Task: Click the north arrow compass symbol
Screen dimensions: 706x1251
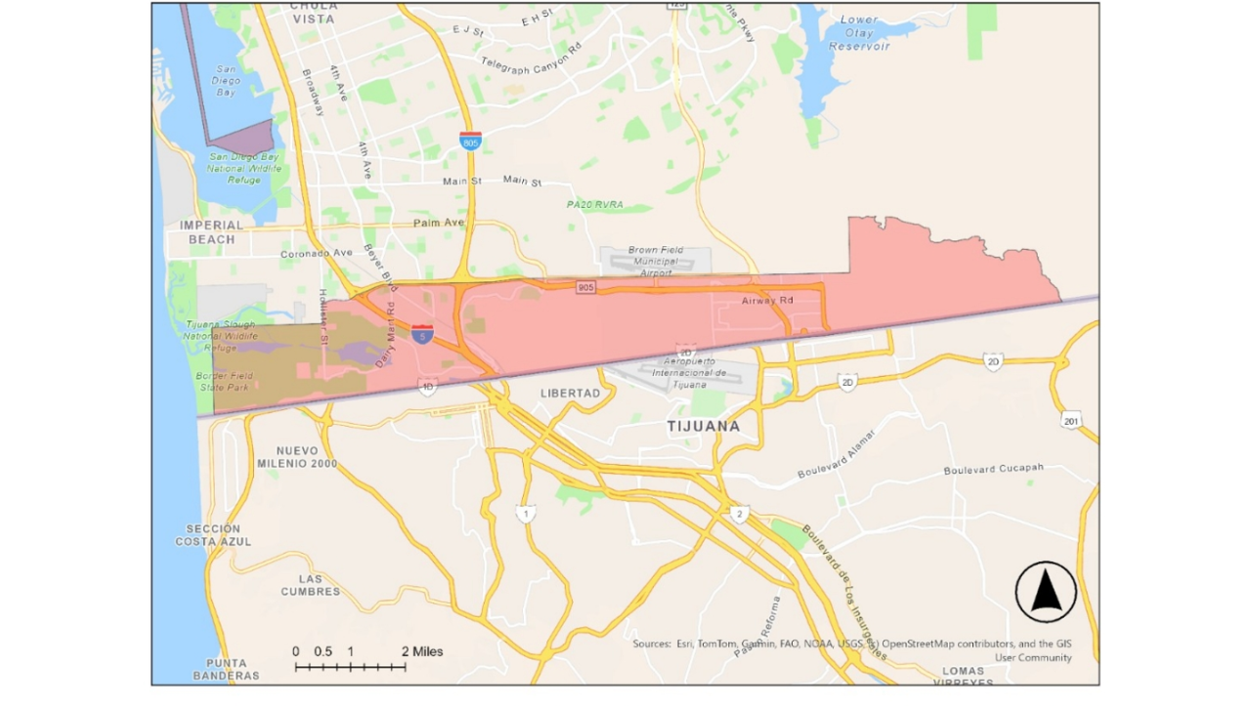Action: (x=1046, y=592)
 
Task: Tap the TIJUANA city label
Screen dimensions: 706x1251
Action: (x=704, y=427)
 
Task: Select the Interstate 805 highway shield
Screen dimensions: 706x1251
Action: (x=471, y=141)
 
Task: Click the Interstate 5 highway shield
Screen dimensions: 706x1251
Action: (x=422, y=335)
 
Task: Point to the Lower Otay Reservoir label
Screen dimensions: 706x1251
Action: (x=859, y=33)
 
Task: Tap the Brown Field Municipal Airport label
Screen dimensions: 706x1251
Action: (x=656, y=262)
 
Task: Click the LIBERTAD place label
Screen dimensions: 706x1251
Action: (x=570, y=393)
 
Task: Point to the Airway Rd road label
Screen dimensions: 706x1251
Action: (x=767, y=300)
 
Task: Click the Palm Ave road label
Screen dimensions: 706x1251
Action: (x=439, y=223)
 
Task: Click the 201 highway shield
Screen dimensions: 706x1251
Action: (x=1072, y=420)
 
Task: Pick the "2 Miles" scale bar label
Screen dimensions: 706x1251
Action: (x=422, y=651)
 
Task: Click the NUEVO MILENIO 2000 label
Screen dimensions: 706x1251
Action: (x=297, y=457)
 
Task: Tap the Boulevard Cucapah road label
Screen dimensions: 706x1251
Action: (x=993, y=470)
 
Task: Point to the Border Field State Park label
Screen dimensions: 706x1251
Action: (x=226, y=381)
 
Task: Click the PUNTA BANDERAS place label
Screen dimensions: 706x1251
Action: (x=226, y=669)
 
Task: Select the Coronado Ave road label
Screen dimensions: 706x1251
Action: (x=316, y=253)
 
